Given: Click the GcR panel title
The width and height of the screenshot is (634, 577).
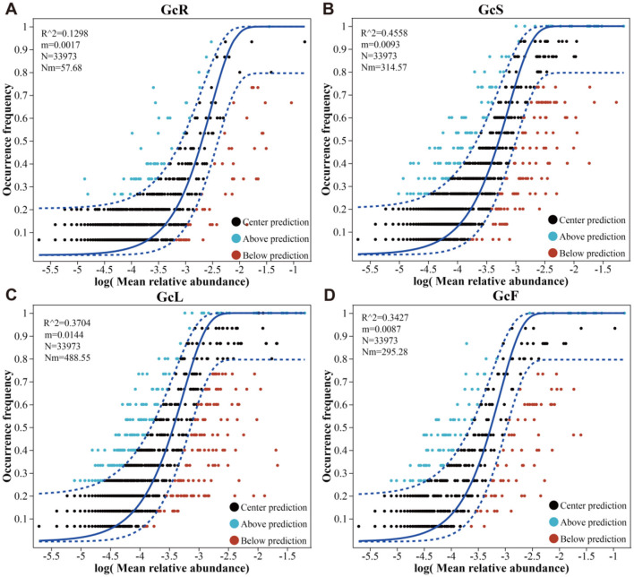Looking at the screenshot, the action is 175,9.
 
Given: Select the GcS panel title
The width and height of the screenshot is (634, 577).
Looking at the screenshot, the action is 491,9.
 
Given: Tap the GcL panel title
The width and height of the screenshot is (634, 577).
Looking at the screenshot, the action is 170,297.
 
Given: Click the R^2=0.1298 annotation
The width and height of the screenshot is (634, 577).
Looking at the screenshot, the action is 64,33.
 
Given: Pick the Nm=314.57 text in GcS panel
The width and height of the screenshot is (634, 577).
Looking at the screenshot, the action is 384,67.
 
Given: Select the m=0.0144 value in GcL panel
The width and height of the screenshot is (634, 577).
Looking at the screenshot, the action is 64,334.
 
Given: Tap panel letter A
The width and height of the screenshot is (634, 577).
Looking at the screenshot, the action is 11,9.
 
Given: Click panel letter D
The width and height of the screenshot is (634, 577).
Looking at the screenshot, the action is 330,296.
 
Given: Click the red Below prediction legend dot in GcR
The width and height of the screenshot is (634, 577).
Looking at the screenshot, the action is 236,255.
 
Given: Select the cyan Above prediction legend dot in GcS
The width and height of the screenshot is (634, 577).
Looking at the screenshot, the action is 553,237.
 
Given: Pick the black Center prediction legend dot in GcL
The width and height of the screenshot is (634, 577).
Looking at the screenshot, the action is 235,507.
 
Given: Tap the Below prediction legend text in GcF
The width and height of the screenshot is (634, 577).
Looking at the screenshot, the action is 593,539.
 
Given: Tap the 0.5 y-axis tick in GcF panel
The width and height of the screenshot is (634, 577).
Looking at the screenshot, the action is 347,427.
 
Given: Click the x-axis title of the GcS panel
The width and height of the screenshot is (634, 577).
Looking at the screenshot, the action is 491,281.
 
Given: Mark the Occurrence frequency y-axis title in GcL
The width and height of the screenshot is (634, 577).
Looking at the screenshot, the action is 7,426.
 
